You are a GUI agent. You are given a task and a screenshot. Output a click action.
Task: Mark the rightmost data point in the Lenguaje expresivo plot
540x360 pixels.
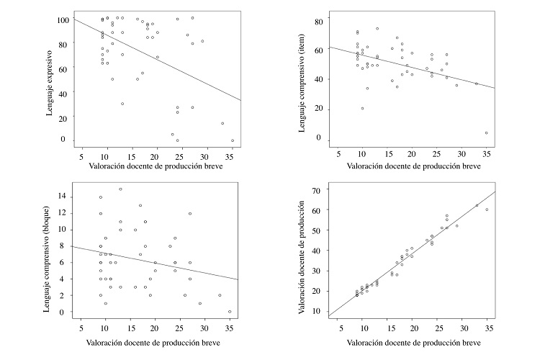point(233,140)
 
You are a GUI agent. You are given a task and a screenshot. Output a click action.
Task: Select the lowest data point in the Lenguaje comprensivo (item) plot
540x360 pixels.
point(487,132)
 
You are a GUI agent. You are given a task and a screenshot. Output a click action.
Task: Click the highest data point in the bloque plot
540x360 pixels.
point(120,189)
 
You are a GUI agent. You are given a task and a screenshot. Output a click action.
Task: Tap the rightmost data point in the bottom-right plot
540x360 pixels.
point(487,210)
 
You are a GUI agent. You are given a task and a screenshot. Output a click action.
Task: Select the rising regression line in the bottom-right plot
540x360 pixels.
point(410,255)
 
